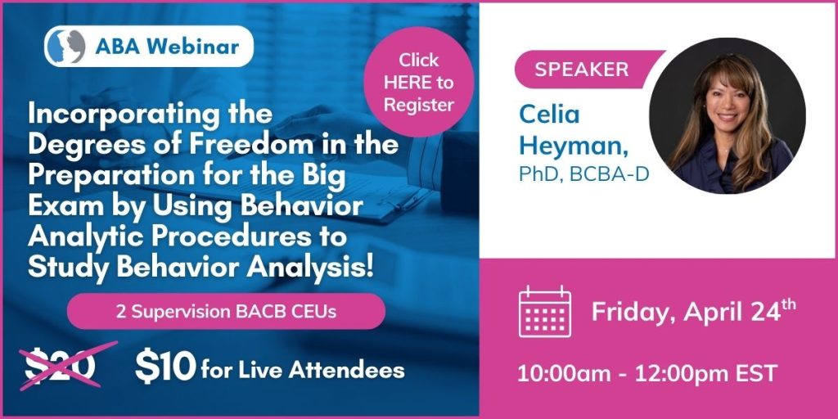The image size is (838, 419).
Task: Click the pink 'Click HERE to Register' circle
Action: [x=418, y=83]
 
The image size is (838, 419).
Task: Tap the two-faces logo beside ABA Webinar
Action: [x=65, y=47]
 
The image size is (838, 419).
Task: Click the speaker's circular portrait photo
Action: [x=728, y=116]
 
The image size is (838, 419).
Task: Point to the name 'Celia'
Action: [x=549, y=115]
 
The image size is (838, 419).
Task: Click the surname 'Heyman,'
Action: [x=574, y=146]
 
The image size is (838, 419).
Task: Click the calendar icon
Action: [x=544, y=312]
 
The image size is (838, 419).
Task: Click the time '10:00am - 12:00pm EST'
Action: [x=647, y=373]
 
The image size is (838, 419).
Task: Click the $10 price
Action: [x=165, y=367]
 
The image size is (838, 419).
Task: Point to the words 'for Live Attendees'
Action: [x=303, y=370]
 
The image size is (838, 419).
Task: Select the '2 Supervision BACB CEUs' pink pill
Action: [x=226, y=312]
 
